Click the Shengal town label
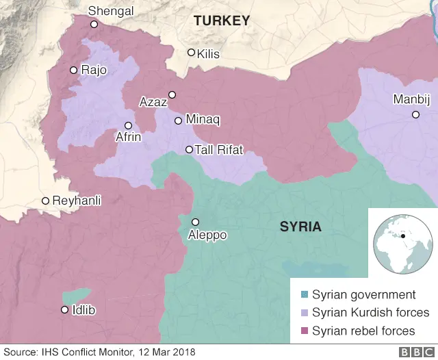[111, 11]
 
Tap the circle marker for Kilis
[192, 53]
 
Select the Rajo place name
[94, 70]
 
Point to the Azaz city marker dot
[172, 94]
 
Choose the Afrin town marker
[128, 125]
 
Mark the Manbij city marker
[415, 114]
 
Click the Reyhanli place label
[77, 201]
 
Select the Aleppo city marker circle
[195, 222]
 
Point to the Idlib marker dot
[65, 310]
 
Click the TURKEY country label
[222, 21]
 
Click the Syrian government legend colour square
[305, 295]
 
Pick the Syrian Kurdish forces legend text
[370, 313]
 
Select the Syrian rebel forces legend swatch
[305, 331]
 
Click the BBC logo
[415, 352]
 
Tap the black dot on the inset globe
[404, 236]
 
